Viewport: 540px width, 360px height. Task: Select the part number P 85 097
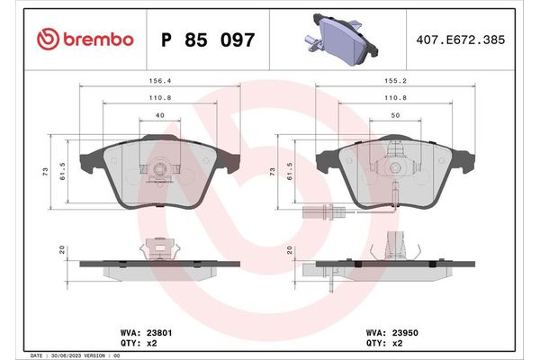(x=207, y=40)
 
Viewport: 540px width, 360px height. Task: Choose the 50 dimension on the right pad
(x=396, y=116)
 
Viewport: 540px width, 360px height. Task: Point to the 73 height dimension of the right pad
(x=272, y=170)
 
